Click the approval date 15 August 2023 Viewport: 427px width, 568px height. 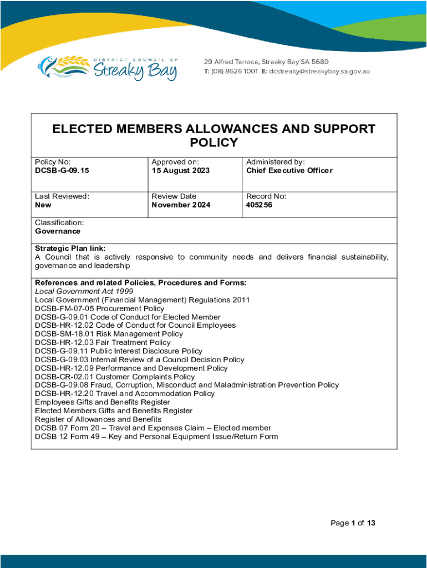[x=181, y=171]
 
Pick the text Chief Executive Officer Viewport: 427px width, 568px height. [x=289, y=171]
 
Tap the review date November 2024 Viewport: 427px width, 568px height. [x=181, y=205]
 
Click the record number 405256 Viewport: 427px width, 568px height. [x=259, y=205]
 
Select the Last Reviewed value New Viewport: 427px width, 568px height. [x=43, y=205]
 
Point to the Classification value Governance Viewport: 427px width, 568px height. [x=57, y=231]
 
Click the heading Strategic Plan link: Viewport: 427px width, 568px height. [x=70, y=248]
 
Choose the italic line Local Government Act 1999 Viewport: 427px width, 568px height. [x=84, y=291]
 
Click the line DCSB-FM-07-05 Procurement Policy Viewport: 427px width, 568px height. [x=99, y=308]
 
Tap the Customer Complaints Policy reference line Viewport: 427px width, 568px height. [x=115, y=377]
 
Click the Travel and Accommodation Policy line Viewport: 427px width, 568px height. [x=124, y=394]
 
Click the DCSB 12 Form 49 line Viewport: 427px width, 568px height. [x=156, y=437]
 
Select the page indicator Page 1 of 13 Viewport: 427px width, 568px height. [x=353, y=523]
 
